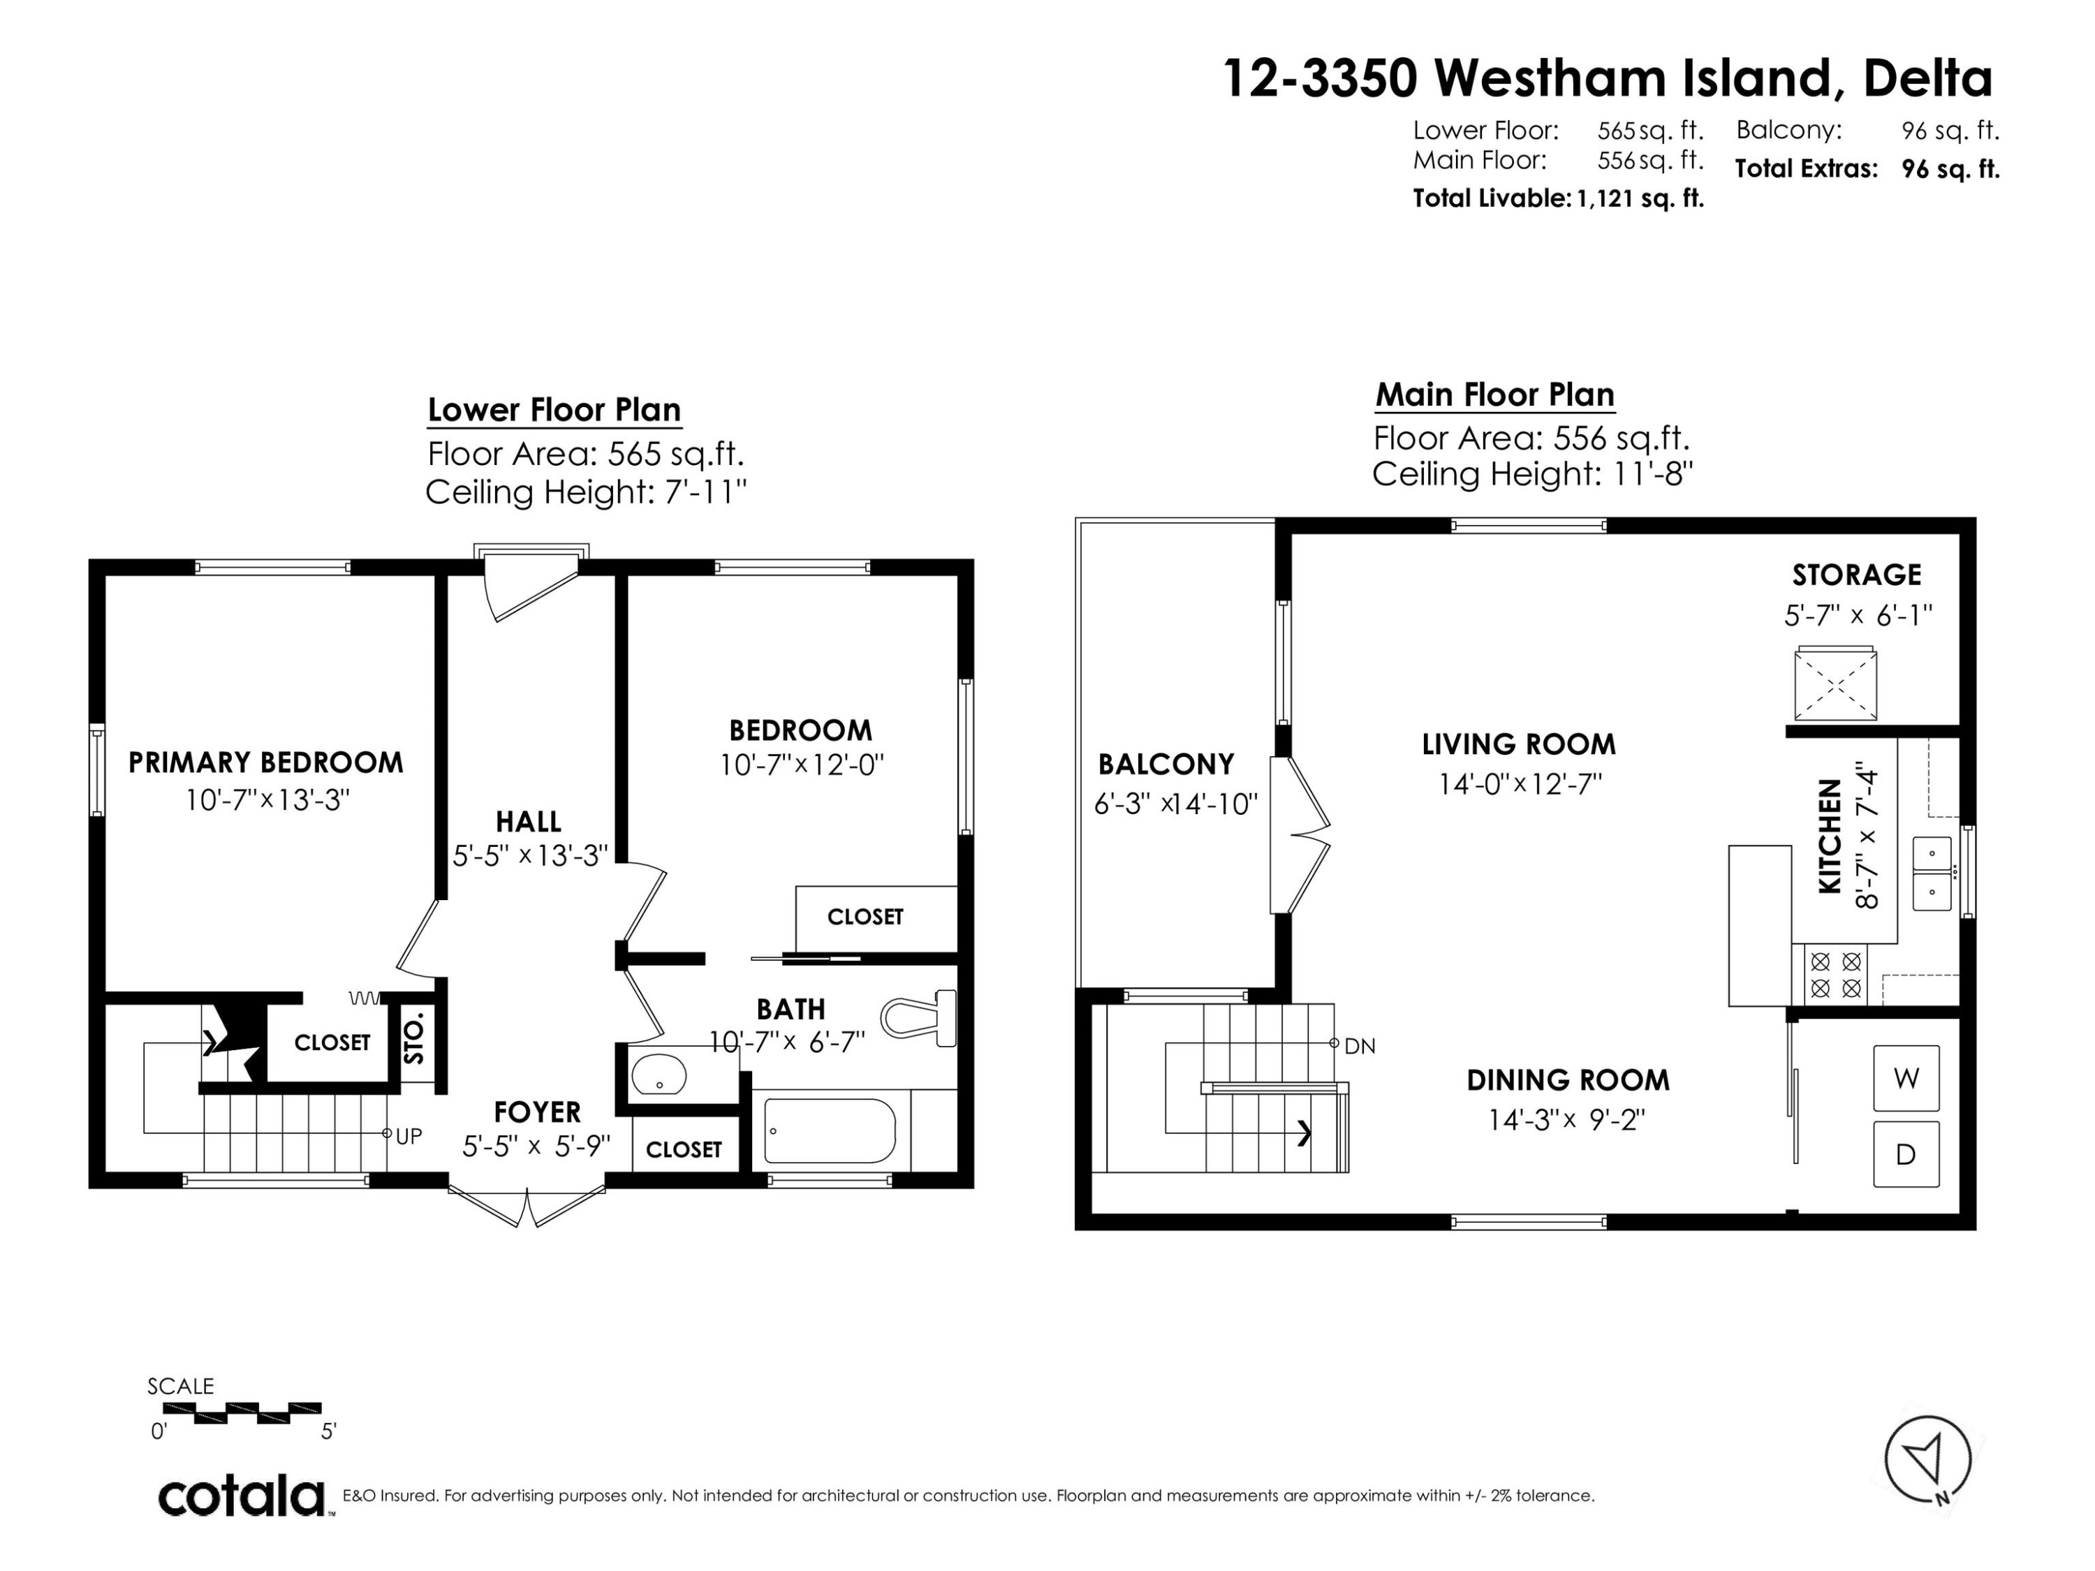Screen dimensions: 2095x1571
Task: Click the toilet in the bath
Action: click(x=919, y=1018)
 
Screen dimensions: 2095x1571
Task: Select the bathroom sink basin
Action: click(x=659, y=1075)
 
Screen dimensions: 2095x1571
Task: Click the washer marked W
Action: click(x=1906, y=1077)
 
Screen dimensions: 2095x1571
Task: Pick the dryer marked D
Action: click(x=1906, y=1154)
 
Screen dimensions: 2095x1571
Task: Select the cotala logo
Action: click(x=242, y=1497)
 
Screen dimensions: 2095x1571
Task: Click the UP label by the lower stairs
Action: click(x=409, y=1136)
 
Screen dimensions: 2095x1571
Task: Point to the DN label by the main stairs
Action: click(x=1360, y=1047)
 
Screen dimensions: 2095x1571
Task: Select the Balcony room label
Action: click(x=1166, y=764)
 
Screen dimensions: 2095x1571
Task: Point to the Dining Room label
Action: click(x=1568, y=1080)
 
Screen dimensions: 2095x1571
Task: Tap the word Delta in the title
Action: click(x=1928, y=79)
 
